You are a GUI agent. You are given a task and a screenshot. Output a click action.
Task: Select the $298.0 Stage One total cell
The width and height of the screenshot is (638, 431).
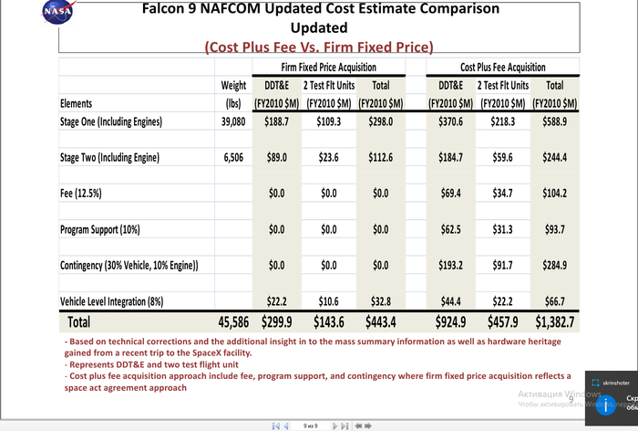coord(381,121)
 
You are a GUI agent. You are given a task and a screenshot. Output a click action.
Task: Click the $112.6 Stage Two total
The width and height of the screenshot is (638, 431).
coord(381,157)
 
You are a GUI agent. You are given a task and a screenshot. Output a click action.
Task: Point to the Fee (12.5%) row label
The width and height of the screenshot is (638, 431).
coord(82,194)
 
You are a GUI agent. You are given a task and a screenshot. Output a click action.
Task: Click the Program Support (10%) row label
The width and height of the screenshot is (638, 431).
coord(100,229)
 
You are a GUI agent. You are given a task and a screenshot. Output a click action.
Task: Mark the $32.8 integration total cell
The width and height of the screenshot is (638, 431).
coord(381,300)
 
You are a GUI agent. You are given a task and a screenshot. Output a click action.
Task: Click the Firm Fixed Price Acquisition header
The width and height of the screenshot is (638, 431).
coord(328,68)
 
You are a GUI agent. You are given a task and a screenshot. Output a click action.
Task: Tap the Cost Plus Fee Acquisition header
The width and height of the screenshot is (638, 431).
coord(503,68)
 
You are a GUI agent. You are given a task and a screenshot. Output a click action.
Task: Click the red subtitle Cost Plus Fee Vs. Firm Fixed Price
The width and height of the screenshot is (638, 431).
coord(318,47)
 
